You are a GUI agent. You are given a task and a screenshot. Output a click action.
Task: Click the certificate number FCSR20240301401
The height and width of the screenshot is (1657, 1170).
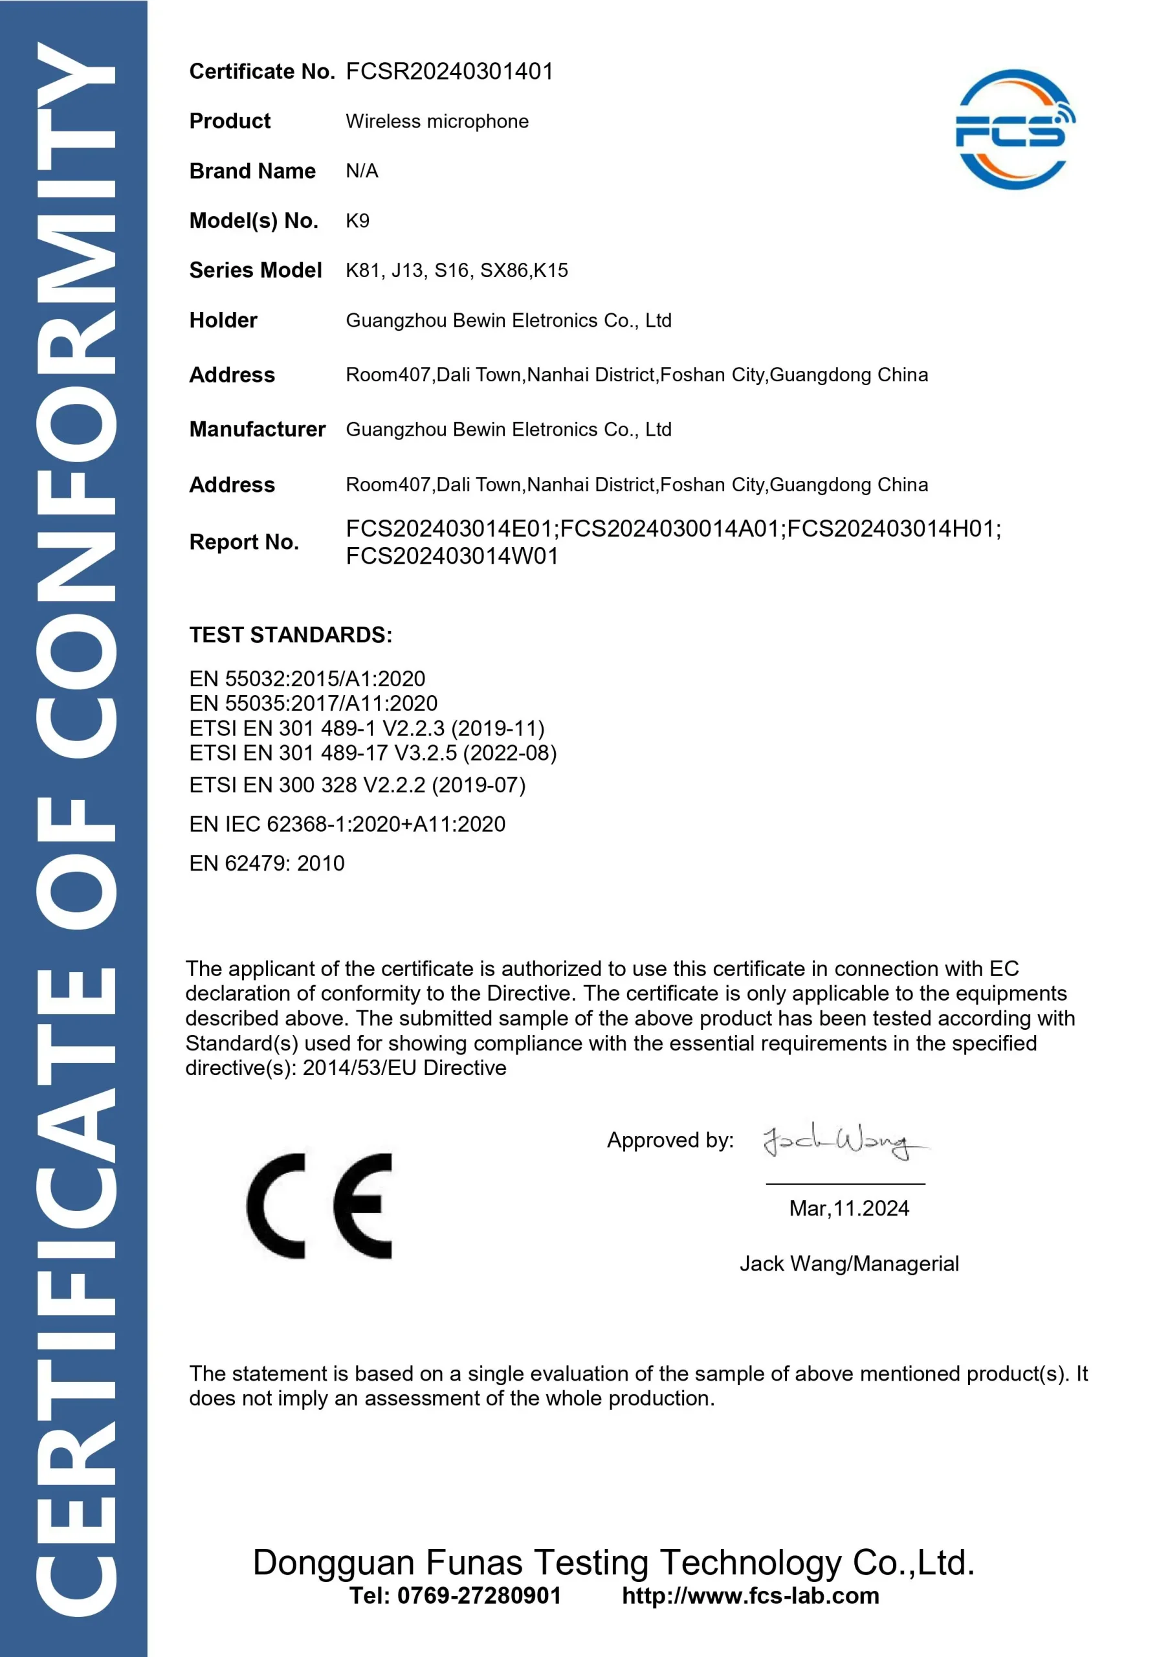[x=449, y=71]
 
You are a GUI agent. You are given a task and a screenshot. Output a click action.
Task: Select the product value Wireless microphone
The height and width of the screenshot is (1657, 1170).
[x=436, y=121]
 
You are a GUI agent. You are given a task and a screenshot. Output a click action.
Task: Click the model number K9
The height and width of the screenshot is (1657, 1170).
[x=357, y=221]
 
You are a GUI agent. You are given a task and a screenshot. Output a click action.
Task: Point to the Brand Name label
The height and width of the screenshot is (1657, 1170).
[x=252, y=171]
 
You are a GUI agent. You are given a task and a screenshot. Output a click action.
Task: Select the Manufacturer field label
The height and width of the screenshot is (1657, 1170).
[x=257, y=429]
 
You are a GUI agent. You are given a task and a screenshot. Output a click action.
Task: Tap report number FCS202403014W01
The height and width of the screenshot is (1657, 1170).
[x=452, y=557]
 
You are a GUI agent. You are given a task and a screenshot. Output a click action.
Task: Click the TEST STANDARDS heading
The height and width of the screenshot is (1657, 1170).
[x=291, y=635]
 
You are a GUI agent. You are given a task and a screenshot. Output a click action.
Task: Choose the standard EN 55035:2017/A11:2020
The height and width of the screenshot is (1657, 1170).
[x=313, y=703]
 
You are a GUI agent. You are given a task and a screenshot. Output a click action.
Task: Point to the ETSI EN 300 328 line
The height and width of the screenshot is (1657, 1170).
[x=357, y=784]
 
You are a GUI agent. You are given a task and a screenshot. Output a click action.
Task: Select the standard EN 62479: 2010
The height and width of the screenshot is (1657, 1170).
[x=267, y=863]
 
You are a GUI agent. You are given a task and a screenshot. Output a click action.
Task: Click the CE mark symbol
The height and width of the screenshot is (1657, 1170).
[x=319, y=1206]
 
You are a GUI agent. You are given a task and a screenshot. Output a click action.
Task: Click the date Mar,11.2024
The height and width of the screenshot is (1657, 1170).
[x=849, y=1208]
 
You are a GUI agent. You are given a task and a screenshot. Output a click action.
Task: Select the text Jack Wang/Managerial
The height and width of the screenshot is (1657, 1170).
[x=849, y=1263]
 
